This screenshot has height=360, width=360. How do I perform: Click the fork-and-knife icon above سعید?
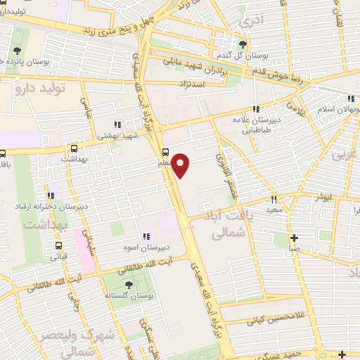pos(274,198)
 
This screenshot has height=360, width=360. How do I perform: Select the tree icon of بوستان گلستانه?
pos(128,284)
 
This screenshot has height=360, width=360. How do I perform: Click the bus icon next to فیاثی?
pos(58,246)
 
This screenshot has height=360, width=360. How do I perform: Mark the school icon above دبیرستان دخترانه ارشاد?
pos(50,195)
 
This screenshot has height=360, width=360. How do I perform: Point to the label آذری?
pos(249,22)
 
